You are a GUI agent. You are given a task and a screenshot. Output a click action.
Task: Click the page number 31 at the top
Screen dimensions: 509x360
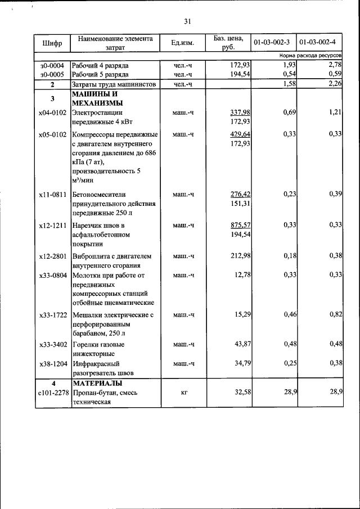(187, 21)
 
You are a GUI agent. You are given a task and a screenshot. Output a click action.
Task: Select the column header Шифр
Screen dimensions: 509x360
(52, 43)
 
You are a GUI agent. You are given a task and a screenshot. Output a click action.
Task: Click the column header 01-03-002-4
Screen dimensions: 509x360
(319, 43)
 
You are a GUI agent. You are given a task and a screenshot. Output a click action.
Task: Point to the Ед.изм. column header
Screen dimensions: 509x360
(183, 43)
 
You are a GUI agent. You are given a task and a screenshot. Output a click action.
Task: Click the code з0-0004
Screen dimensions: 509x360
(52, 66)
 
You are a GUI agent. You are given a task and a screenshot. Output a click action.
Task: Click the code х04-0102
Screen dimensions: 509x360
(52, 113)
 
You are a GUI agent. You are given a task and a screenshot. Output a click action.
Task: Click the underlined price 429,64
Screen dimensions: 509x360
(240, 134)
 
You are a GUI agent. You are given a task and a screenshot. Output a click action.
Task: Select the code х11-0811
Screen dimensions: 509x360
(52, 195)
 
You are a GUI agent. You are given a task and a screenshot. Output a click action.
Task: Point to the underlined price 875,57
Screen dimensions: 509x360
(240, 225)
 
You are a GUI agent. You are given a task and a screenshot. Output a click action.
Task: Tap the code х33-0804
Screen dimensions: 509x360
(52, 276)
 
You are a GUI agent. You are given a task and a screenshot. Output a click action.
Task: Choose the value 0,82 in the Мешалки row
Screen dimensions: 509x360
(336, 314)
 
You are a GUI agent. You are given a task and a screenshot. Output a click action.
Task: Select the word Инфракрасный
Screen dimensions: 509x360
(96, 363)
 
